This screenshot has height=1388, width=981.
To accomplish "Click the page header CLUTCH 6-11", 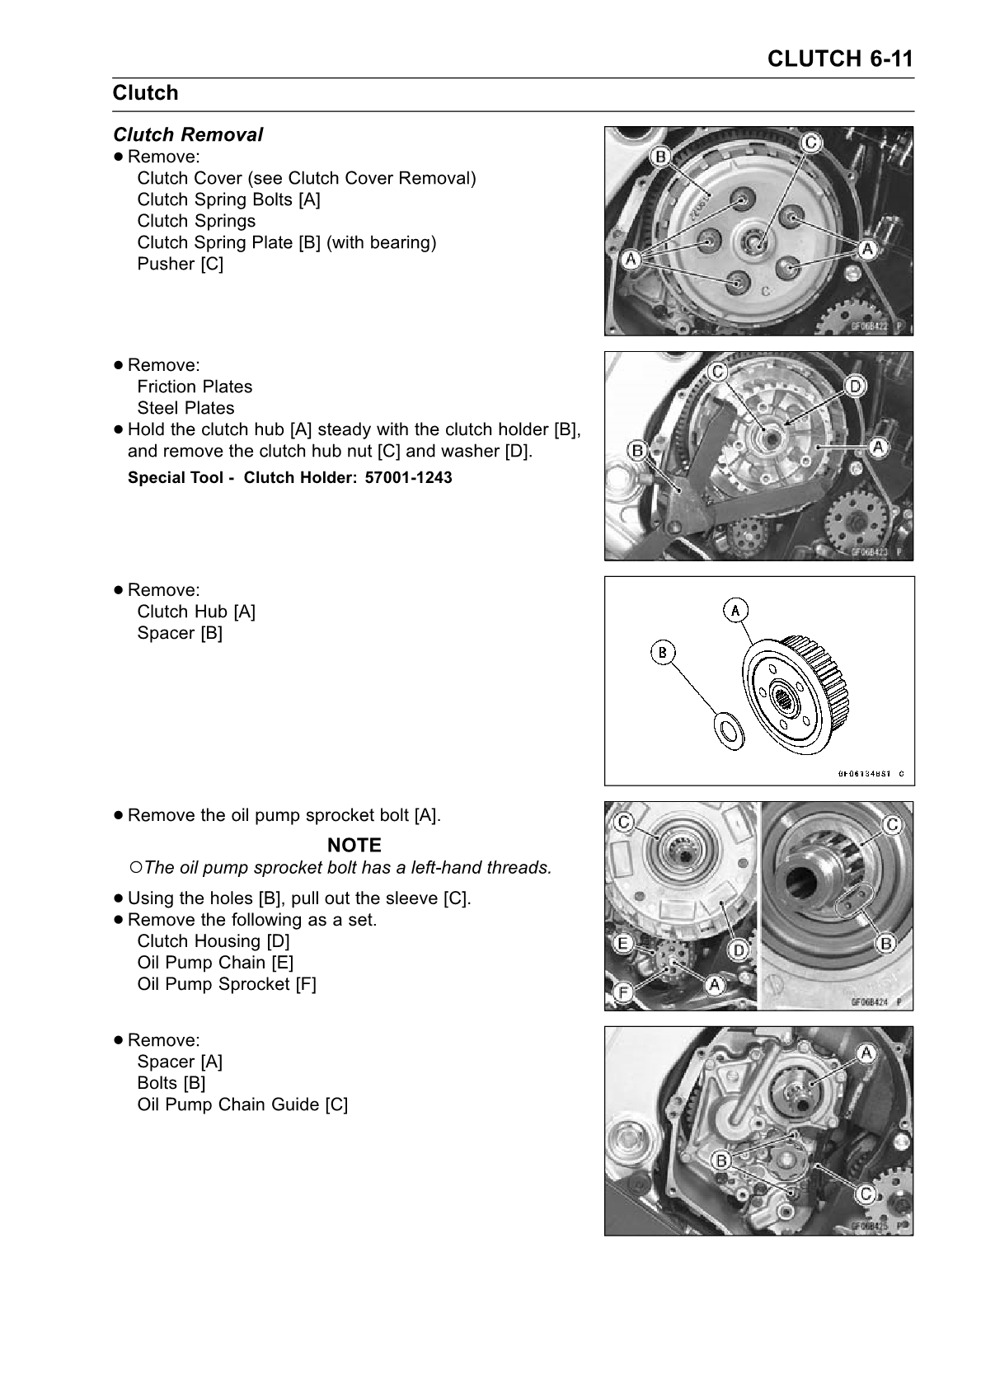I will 839,59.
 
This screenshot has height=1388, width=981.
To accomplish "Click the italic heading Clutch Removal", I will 188,134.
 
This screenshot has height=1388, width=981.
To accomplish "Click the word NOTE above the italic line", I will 354,845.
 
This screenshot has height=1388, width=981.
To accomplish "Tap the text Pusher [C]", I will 180,264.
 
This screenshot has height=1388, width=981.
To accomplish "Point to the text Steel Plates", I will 185,408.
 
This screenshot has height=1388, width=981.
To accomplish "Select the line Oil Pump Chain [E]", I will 215,962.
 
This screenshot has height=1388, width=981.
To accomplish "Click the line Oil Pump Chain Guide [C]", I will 242,1104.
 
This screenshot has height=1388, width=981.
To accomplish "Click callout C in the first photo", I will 810,143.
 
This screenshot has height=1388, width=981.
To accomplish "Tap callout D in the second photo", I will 855,386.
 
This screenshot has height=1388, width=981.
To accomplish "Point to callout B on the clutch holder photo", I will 637,450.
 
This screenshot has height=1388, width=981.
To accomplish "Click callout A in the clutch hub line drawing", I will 735,610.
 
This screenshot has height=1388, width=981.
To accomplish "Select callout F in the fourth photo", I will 622,993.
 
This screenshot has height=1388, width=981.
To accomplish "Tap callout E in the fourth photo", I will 622,942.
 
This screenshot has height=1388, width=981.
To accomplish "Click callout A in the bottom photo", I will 866,1053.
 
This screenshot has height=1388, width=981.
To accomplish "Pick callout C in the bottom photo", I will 866,1193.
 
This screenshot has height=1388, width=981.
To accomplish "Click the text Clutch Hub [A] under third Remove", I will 196,612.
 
